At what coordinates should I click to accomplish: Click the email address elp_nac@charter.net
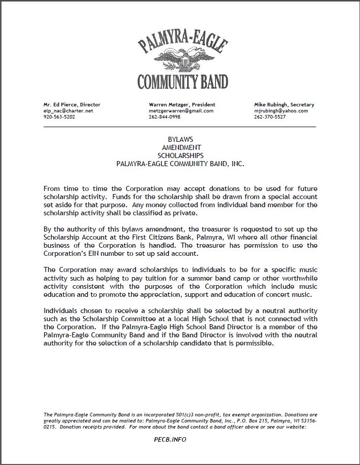[68, 110]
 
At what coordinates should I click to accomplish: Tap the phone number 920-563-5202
[59, 117]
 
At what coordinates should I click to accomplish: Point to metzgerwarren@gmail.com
[181, 110]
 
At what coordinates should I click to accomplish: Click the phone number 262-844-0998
[164, 117]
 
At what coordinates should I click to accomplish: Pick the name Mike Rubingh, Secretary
[284, 104]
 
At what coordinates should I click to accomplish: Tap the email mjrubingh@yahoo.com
[281, 110]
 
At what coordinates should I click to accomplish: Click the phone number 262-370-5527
[270, 117]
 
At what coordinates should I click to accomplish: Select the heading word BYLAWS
[181, 139]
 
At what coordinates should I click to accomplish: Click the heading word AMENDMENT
[181, 147]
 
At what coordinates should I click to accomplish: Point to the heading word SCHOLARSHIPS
[181, 156]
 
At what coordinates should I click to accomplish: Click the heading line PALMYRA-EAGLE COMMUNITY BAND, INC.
[181, 164]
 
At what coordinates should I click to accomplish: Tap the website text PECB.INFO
[170, 439]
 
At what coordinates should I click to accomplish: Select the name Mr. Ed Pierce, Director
[72, 104]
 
